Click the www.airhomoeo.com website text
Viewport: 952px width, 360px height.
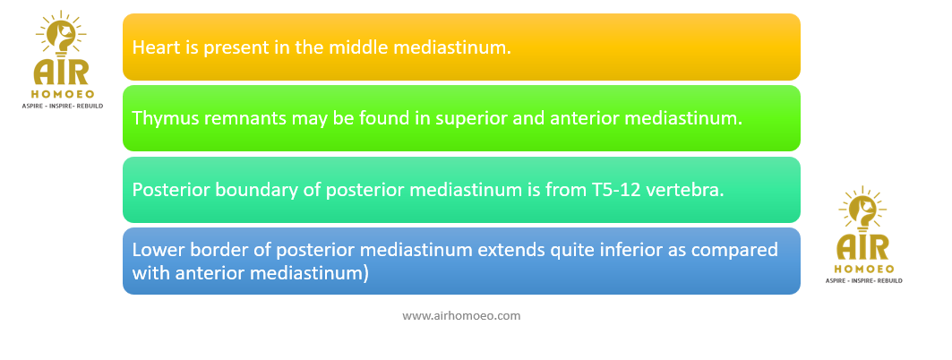click(x=461, y=316)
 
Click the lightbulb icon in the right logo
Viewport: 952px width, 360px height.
click(x=863, y=210)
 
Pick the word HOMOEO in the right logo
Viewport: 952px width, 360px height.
click(x=863, y=269)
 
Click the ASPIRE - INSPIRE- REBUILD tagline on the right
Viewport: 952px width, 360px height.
click(x=864, y=280)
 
